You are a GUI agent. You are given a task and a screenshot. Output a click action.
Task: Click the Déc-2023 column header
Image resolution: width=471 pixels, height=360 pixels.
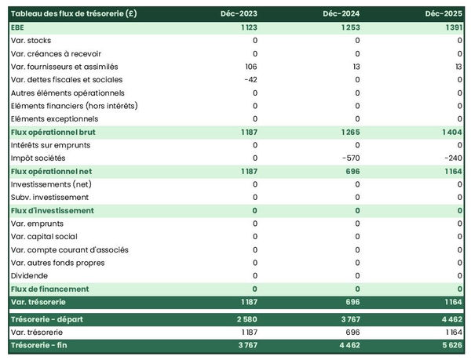click(240, 13)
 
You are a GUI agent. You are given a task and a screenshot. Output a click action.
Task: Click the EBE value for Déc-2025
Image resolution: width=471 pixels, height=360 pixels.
click(451, 27)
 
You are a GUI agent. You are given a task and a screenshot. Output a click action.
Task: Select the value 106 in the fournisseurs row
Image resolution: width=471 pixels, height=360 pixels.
click(250, 66)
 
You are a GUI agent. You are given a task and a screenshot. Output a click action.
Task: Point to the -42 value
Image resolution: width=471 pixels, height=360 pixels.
click(250, 79)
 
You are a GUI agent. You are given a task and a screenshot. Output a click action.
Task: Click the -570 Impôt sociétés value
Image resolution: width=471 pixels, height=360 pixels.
click(350, 158)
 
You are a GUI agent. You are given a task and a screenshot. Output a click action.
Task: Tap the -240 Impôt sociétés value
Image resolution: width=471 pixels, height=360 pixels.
click(452, 158)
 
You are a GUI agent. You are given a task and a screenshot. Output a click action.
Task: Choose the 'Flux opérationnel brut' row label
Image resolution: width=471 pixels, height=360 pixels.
click(53, 132)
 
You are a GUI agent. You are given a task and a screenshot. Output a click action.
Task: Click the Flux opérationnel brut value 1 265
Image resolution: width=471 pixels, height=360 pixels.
click(349, 132)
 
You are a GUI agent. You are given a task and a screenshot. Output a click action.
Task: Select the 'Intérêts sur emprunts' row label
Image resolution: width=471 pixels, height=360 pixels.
click(50, 145)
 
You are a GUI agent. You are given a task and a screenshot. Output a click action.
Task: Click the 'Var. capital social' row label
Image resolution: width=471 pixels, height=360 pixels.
click(44, 236)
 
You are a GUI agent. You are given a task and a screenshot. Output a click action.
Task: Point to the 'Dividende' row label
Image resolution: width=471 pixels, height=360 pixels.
click(30, 275)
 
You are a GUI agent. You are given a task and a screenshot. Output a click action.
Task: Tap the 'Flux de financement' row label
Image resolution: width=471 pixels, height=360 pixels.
click(49, 289)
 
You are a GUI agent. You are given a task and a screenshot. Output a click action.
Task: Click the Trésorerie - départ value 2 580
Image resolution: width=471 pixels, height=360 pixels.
click(246, 319)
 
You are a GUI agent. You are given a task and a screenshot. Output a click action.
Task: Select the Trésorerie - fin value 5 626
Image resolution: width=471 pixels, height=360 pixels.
click(451, 345)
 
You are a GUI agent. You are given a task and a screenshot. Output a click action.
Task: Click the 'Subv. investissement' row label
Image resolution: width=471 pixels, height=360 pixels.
click(49, 197)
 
